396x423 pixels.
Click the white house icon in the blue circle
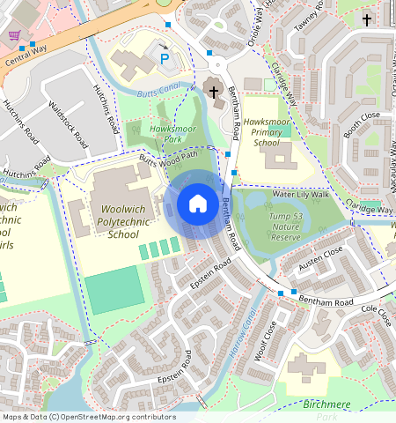(198, 204)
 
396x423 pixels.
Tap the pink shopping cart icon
(15, 35)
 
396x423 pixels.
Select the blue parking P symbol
(164, 58)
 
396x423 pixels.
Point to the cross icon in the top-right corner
(367, 19)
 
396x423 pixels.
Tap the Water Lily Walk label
(300, 194)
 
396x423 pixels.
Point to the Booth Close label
(362, 128)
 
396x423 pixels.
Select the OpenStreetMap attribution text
(89, 417)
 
